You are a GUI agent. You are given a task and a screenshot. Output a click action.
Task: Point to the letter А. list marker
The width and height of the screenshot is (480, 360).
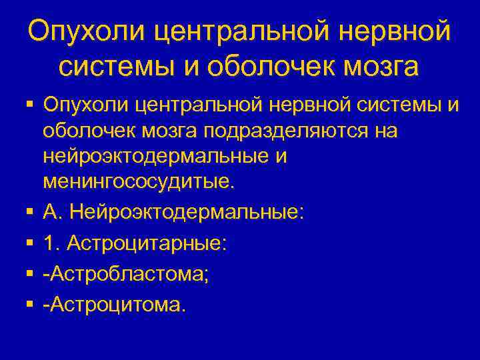(x=53, y=213)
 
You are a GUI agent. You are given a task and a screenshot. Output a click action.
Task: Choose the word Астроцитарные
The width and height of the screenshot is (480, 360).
(x=147, y=244)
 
